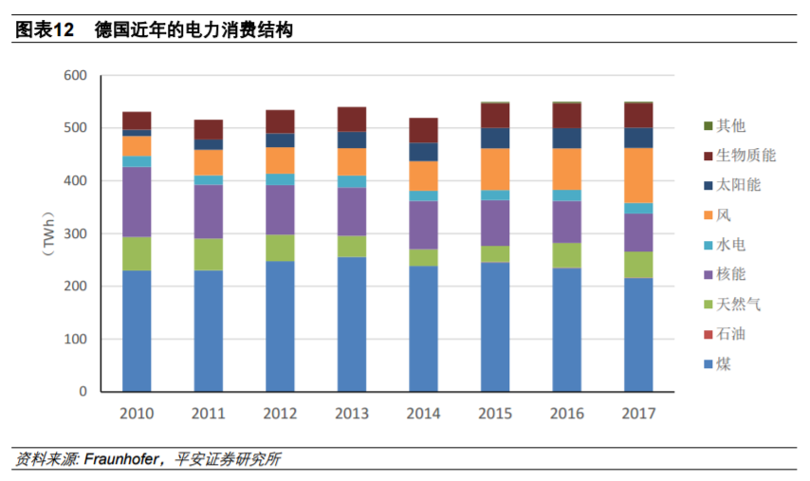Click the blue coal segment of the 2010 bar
(137, 330)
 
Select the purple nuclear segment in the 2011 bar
(208, 212)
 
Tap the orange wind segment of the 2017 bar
(637, 175)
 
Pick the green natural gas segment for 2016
(566, 255)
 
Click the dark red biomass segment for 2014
(423, 130)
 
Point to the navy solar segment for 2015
(494, 138)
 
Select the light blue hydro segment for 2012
(280, 179)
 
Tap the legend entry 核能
(731, 274)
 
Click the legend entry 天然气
(739, 305)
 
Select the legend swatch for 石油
(708, 335)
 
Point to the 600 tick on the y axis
(77, 76)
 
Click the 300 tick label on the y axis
(77, 233)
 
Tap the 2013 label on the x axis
(351, 414)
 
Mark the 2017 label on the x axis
(637, 414)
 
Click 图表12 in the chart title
(44, 30)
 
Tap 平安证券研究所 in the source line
(228, 459)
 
